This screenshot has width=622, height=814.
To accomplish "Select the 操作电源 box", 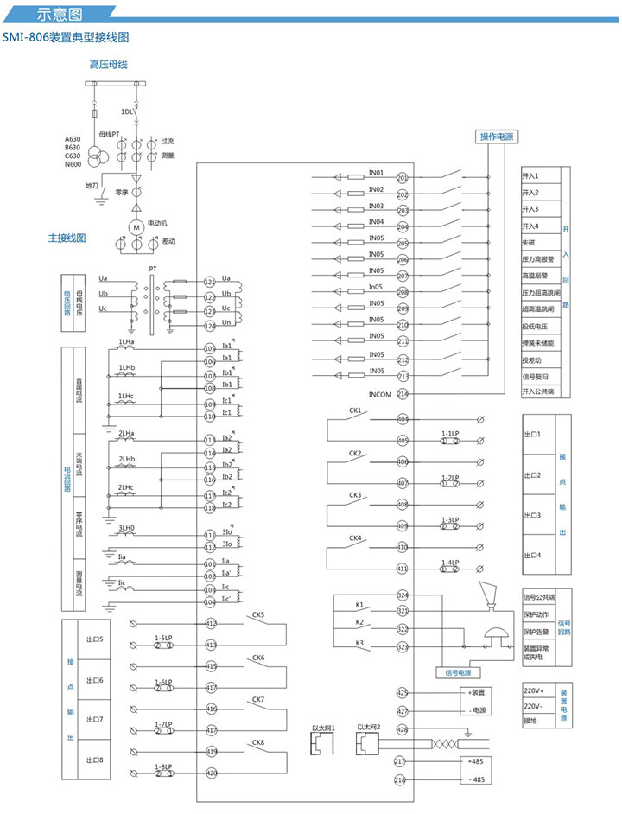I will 496,137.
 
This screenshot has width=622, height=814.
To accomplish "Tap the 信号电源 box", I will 454,671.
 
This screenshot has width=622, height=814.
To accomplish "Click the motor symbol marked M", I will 136,226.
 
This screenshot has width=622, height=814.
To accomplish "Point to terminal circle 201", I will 402,177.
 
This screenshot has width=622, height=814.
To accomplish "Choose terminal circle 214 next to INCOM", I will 402,394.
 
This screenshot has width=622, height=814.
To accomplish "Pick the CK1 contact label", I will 355,411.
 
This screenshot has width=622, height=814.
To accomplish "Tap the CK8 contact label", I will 258,743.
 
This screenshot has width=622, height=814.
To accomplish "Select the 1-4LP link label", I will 449,563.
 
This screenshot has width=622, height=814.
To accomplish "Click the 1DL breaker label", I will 128,111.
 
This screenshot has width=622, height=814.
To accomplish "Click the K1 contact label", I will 359,604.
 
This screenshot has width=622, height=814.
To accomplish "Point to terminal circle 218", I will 400,780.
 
